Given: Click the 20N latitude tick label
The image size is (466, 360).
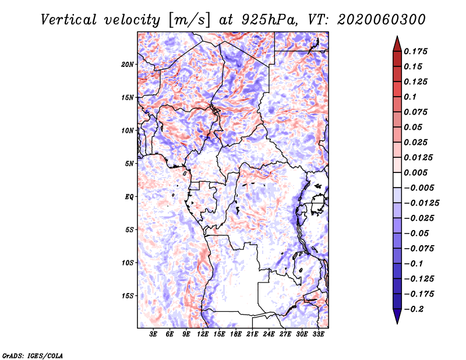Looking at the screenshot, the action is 128,65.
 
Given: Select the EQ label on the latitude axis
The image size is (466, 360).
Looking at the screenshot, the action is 129,197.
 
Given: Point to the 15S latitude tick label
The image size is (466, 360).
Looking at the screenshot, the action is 128,296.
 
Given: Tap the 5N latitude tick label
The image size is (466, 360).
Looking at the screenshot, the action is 129,164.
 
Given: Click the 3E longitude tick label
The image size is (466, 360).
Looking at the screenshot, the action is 153,334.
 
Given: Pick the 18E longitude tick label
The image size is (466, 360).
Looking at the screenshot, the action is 236,334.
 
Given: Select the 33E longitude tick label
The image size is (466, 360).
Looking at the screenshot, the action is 318,334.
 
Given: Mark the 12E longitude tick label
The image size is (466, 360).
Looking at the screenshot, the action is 203,334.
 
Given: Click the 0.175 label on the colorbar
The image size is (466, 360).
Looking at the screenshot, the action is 415,51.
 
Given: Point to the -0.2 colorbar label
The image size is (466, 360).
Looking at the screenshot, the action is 414,309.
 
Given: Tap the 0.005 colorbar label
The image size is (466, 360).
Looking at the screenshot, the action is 415,172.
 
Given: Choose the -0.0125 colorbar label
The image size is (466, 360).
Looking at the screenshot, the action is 421,203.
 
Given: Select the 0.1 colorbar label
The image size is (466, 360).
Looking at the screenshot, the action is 410,97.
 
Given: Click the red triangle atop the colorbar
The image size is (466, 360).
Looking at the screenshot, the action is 397,44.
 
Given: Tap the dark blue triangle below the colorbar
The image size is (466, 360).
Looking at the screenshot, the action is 397,316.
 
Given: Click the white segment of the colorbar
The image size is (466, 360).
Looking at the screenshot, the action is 397,180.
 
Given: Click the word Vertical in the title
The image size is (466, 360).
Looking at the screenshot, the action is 69,20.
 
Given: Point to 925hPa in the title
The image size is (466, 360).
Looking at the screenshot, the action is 269,20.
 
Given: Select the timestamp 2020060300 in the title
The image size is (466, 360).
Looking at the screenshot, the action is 382,20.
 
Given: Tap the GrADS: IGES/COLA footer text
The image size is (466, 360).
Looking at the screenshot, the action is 33,356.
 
